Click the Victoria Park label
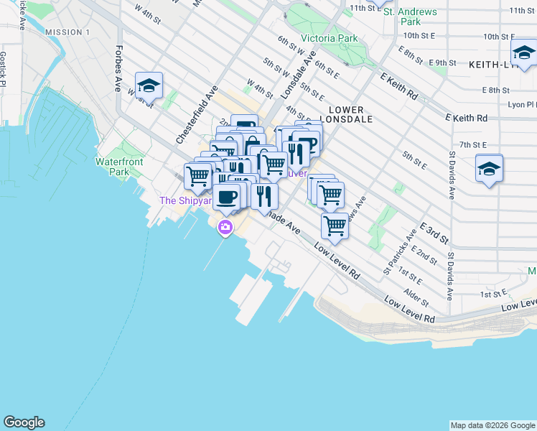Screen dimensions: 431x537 [329, 38]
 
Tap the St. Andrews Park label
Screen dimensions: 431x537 [410, 17]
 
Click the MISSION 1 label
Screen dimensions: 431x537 [67, 33]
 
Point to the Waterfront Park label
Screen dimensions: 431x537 [119, 167]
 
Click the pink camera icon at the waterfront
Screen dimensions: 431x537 [225, 228]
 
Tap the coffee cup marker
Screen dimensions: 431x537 [227, 196]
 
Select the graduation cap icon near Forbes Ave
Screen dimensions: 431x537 [149, 86]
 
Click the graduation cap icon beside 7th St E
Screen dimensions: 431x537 [489, 170]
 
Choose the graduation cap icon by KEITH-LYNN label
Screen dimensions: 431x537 [524, 53]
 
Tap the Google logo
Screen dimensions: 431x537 [24, 422]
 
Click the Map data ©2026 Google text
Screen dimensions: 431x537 [492, 425]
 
